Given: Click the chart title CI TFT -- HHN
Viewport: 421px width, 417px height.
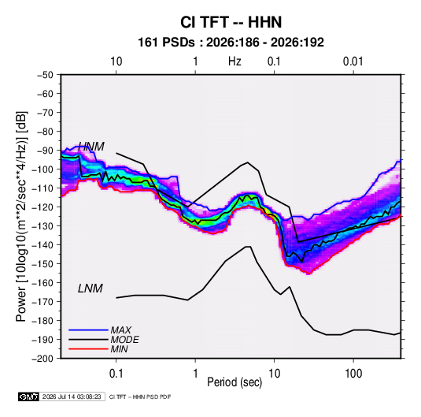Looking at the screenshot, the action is click(x=231, y=22).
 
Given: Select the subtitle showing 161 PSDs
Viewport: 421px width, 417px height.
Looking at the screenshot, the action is click(x=231, y=43).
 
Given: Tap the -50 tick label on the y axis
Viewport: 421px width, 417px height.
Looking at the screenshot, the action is click(x=45, y=75).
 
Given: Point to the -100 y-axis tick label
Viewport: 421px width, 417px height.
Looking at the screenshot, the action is click(x=42, y=169).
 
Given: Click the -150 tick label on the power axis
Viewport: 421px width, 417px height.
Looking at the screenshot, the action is click(x=42, y=264).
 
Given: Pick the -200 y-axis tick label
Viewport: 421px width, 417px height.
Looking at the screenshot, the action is click(x=42, y=359).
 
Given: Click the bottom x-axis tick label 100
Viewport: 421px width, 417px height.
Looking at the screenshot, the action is click(x=353, y=374).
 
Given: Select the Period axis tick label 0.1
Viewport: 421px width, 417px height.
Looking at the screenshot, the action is click(x=116, y=374).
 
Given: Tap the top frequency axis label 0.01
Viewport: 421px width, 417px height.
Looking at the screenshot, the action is click(x=353, y=61).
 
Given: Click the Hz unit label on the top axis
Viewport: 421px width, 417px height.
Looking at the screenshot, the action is click(x=235, y=61).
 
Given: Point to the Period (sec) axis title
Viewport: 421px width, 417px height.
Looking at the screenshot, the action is click(x=235, y=382).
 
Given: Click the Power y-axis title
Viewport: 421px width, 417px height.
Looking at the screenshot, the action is click(x=21, y=217).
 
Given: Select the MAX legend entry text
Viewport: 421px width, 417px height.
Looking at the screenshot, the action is click(x=121, y=330).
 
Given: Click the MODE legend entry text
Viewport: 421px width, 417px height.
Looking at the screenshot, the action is click(x=124, y=340).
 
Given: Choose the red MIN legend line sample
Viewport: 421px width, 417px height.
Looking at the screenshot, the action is click(x=88, y=349).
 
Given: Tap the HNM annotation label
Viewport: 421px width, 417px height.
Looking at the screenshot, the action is click(x=91, y=147).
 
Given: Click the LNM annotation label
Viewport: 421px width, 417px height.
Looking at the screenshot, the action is click(x=90, y=289).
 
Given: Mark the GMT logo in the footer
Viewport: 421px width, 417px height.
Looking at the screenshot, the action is click(x=28, y=397).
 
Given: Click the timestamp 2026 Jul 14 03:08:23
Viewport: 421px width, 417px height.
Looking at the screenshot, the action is click(x=72, y=397).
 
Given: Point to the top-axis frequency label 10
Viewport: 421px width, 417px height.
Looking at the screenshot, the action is click(x=116, y=61).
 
